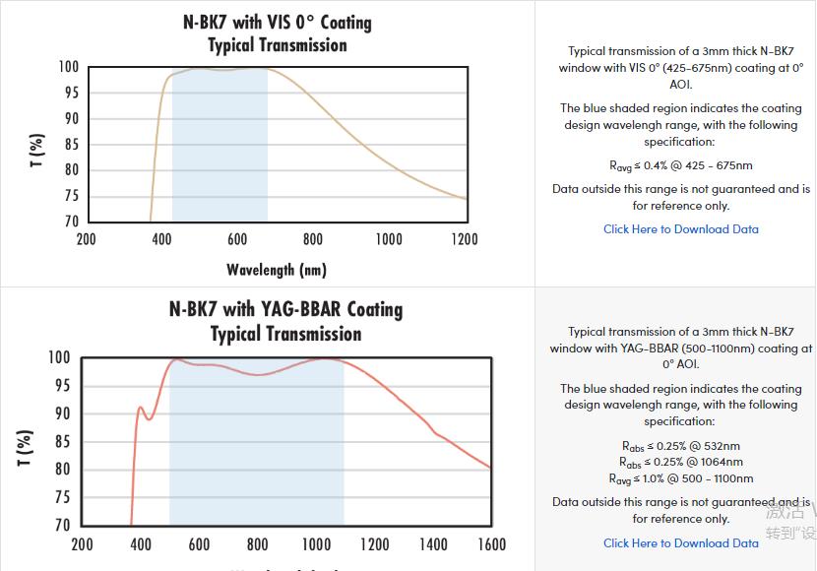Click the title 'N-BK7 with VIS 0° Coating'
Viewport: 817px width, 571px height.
[278, 22]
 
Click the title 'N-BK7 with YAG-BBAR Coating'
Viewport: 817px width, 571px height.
[285, 309]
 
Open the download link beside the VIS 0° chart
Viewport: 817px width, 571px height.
[680, 229]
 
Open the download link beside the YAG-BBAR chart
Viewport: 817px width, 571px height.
[680, 542]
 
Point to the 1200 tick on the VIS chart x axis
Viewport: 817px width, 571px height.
[464, 239]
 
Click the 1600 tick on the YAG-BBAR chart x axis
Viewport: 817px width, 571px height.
[491, 544]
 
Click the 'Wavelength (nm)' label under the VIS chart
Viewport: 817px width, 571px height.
[277, 270]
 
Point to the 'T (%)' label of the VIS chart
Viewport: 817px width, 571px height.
[37, 151]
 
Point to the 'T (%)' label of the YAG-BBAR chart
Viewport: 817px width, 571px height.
[28, 447]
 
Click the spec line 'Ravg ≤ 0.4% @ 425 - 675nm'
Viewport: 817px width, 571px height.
[680, 165]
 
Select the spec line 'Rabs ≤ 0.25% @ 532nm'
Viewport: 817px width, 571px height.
[680, 446]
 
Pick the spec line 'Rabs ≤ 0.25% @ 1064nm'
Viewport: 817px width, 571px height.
[680, 462]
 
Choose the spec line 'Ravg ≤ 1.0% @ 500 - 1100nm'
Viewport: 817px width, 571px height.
[680, 478]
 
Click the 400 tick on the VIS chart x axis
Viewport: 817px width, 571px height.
[161, 239]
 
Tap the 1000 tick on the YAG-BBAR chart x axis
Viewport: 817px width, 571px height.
[316, 544]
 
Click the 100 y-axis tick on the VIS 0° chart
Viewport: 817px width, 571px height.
[68, 67]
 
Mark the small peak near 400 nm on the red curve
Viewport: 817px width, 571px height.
[140, 407]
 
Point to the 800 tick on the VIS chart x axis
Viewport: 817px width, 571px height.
[313, 239]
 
